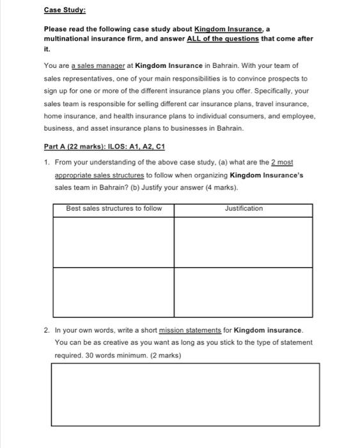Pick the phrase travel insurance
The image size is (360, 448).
click(x=278, y=103)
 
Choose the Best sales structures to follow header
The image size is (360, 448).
click(x=114, y=209)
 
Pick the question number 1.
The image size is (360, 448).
click(x=47, y=163)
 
